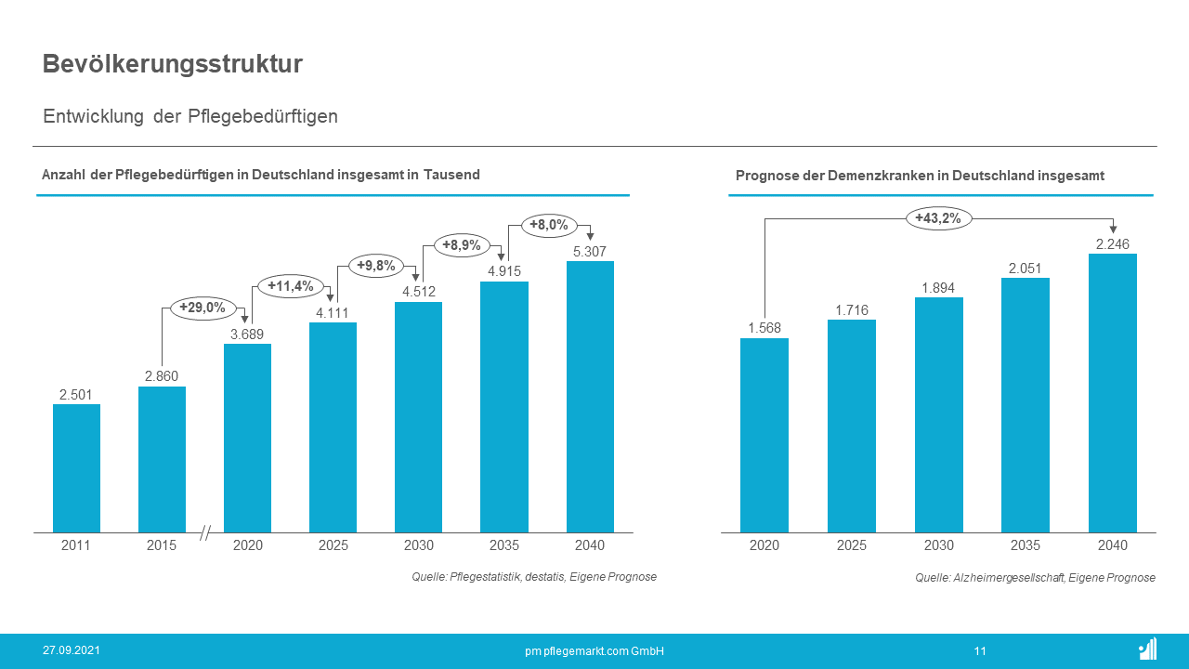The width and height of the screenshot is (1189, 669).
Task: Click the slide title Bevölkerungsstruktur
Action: (x=173, y=64)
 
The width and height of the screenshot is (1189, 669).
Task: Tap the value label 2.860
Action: (x=161, y=376)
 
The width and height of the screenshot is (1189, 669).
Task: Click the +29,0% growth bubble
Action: (x=203, y=307)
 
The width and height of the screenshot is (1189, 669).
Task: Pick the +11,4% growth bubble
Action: (x=291, y=286)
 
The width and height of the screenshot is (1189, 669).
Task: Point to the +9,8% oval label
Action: (x=376, y=266)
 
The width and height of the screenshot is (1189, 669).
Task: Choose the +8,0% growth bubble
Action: (x=549, y=225)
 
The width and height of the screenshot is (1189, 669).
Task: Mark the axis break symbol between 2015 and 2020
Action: (x=205, y=533)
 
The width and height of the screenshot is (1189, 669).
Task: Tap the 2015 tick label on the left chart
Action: (x=161, y=545)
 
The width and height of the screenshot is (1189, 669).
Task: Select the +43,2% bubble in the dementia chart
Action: (x=938, y=218)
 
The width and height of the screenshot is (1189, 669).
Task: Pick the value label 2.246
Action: (x=1112, y=243)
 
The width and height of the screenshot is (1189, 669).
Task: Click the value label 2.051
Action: (x=1025, y=268)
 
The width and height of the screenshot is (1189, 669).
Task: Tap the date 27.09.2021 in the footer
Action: (x=72, y=650)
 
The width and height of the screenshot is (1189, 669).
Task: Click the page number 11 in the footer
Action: (x=980, y=651)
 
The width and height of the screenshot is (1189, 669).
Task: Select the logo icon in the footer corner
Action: (x=1147, y=649)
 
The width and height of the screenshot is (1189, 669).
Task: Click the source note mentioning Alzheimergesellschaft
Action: (x=1035, y=578)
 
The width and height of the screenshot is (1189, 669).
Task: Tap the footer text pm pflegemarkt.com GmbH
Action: (x=594, y=651)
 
